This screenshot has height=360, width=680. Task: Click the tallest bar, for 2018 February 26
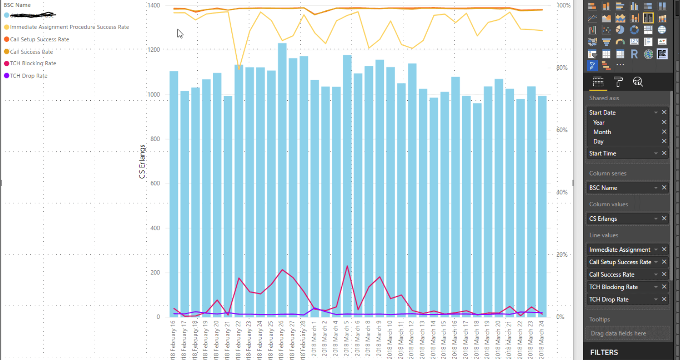pos(282,181)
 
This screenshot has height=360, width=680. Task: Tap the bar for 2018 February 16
pos(174,195)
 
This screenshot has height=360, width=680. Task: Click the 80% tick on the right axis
pos(563,68)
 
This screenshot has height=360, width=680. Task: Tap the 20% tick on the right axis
pos(563,255)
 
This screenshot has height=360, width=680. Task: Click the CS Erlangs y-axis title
pos(143,162)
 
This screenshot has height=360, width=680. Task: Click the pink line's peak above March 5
pos(347,266)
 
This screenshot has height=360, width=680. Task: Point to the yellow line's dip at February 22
pos(239,69)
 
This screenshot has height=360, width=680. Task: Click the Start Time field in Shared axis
pos(603,154)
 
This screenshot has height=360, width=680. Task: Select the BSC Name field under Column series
pos(603,188)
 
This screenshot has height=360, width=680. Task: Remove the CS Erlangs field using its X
pos(664,219)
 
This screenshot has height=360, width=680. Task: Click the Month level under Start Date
pos(602,132)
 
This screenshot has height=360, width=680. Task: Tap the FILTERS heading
pos(604,352)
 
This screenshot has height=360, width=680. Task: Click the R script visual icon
pos(634,54)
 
